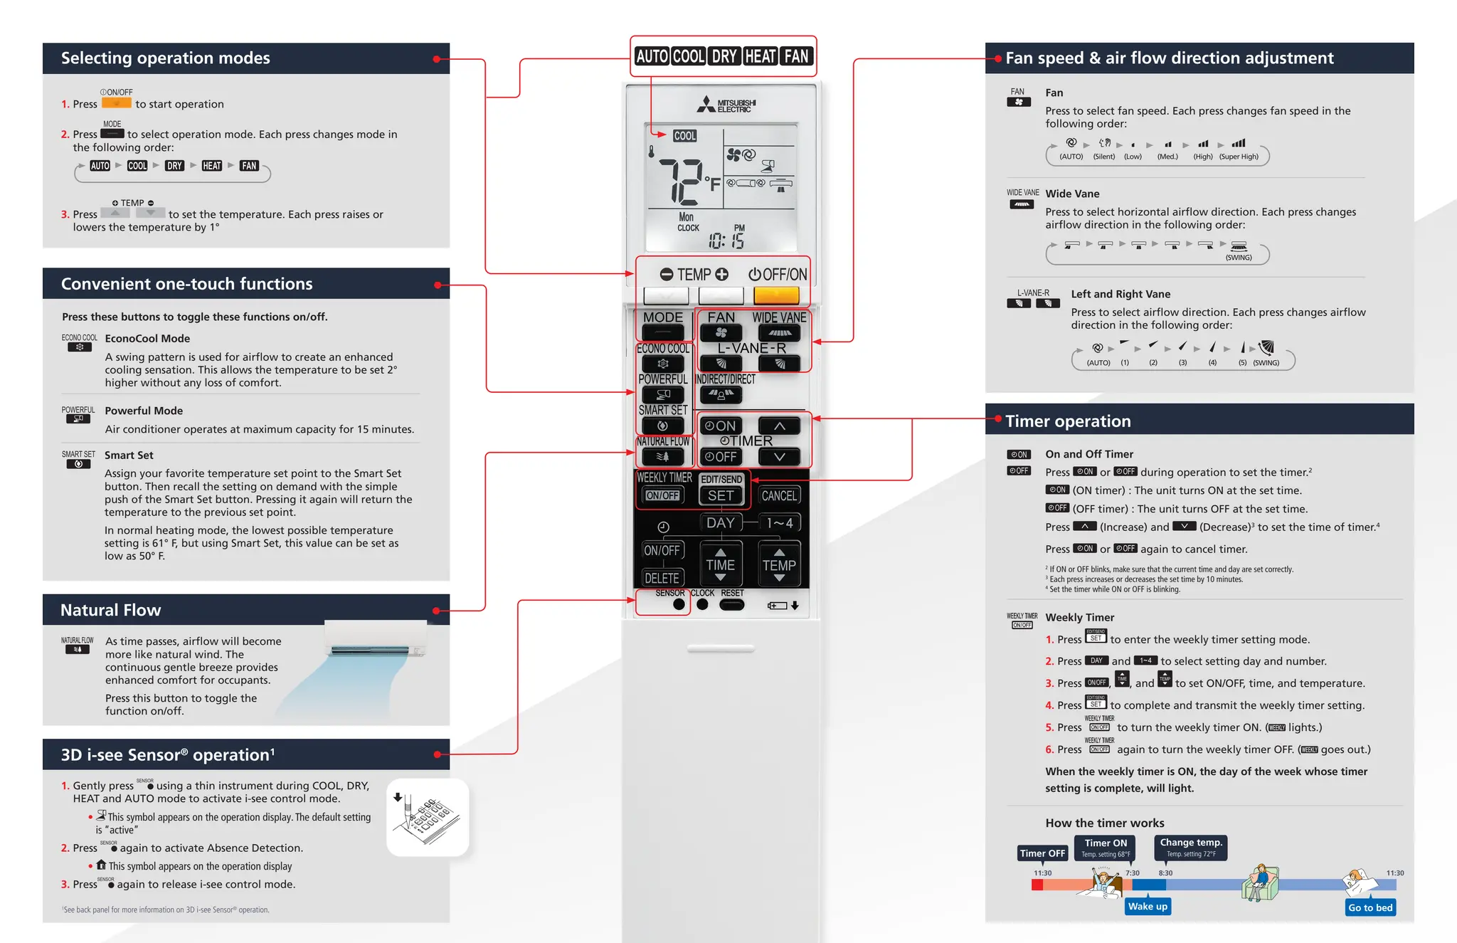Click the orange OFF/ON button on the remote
[776, 295]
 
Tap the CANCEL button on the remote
[779, 495]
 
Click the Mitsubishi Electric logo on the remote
[726, 105]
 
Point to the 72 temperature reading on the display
[681, 181]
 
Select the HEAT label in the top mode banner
[760, 56]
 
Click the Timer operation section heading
[1068, 421]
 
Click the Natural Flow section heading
[111, 610]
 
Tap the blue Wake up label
[1148, 906]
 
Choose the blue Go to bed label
[1370, 907]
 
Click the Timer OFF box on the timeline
[1042, 853]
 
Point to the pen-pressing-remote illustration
[428, 817]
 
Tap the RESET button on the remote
[731, 605]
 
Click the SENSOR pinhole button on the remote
[679, 604]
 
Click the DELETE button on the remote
[662, 578]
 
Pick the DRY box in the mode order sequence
[174, 166]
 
